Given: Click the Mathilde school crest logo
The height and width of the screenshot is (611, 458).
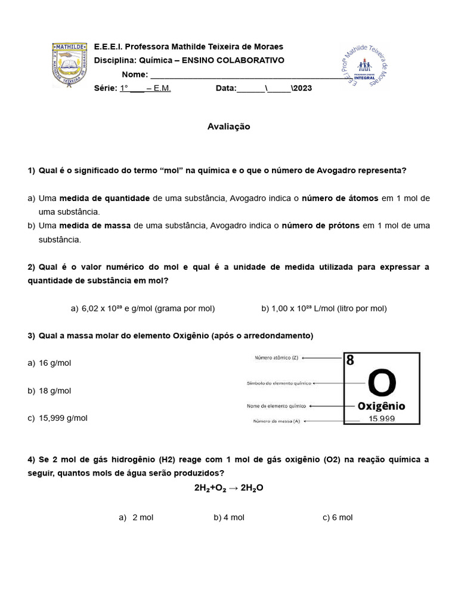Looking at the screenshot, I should click(69, 64).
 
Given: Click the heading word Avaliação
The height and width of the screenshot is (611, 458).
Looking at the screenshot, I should click(228, 126).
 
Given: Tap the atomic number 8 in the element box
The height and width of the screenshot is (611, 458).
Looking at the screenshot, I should click(350, 360).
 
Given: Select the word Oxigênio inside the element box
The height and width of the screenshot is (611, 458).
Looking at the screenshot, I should click(381, 406).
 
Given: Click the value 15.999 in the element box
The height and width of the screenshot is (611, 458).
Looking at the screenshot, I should click(382, 419).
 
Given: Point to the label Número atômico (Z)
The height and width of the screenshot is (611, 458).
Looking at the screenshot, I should click(276, 358).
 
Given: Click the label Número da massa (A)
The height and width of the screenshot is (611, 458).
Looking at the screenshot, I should click(276, 421).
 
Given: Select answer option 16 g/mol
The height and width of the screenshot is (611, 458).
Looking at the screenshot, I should click(54, 363).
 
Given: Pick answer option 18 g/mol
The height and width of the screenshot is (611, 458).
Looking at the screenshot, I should click(54, 391).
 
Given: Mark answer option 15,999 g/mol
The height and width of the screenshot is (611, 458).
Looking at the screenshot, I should click(63, 418).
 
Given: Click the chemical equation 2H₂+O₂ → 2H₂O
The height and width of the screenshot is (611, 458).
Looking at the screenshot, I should click(228, 487).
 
